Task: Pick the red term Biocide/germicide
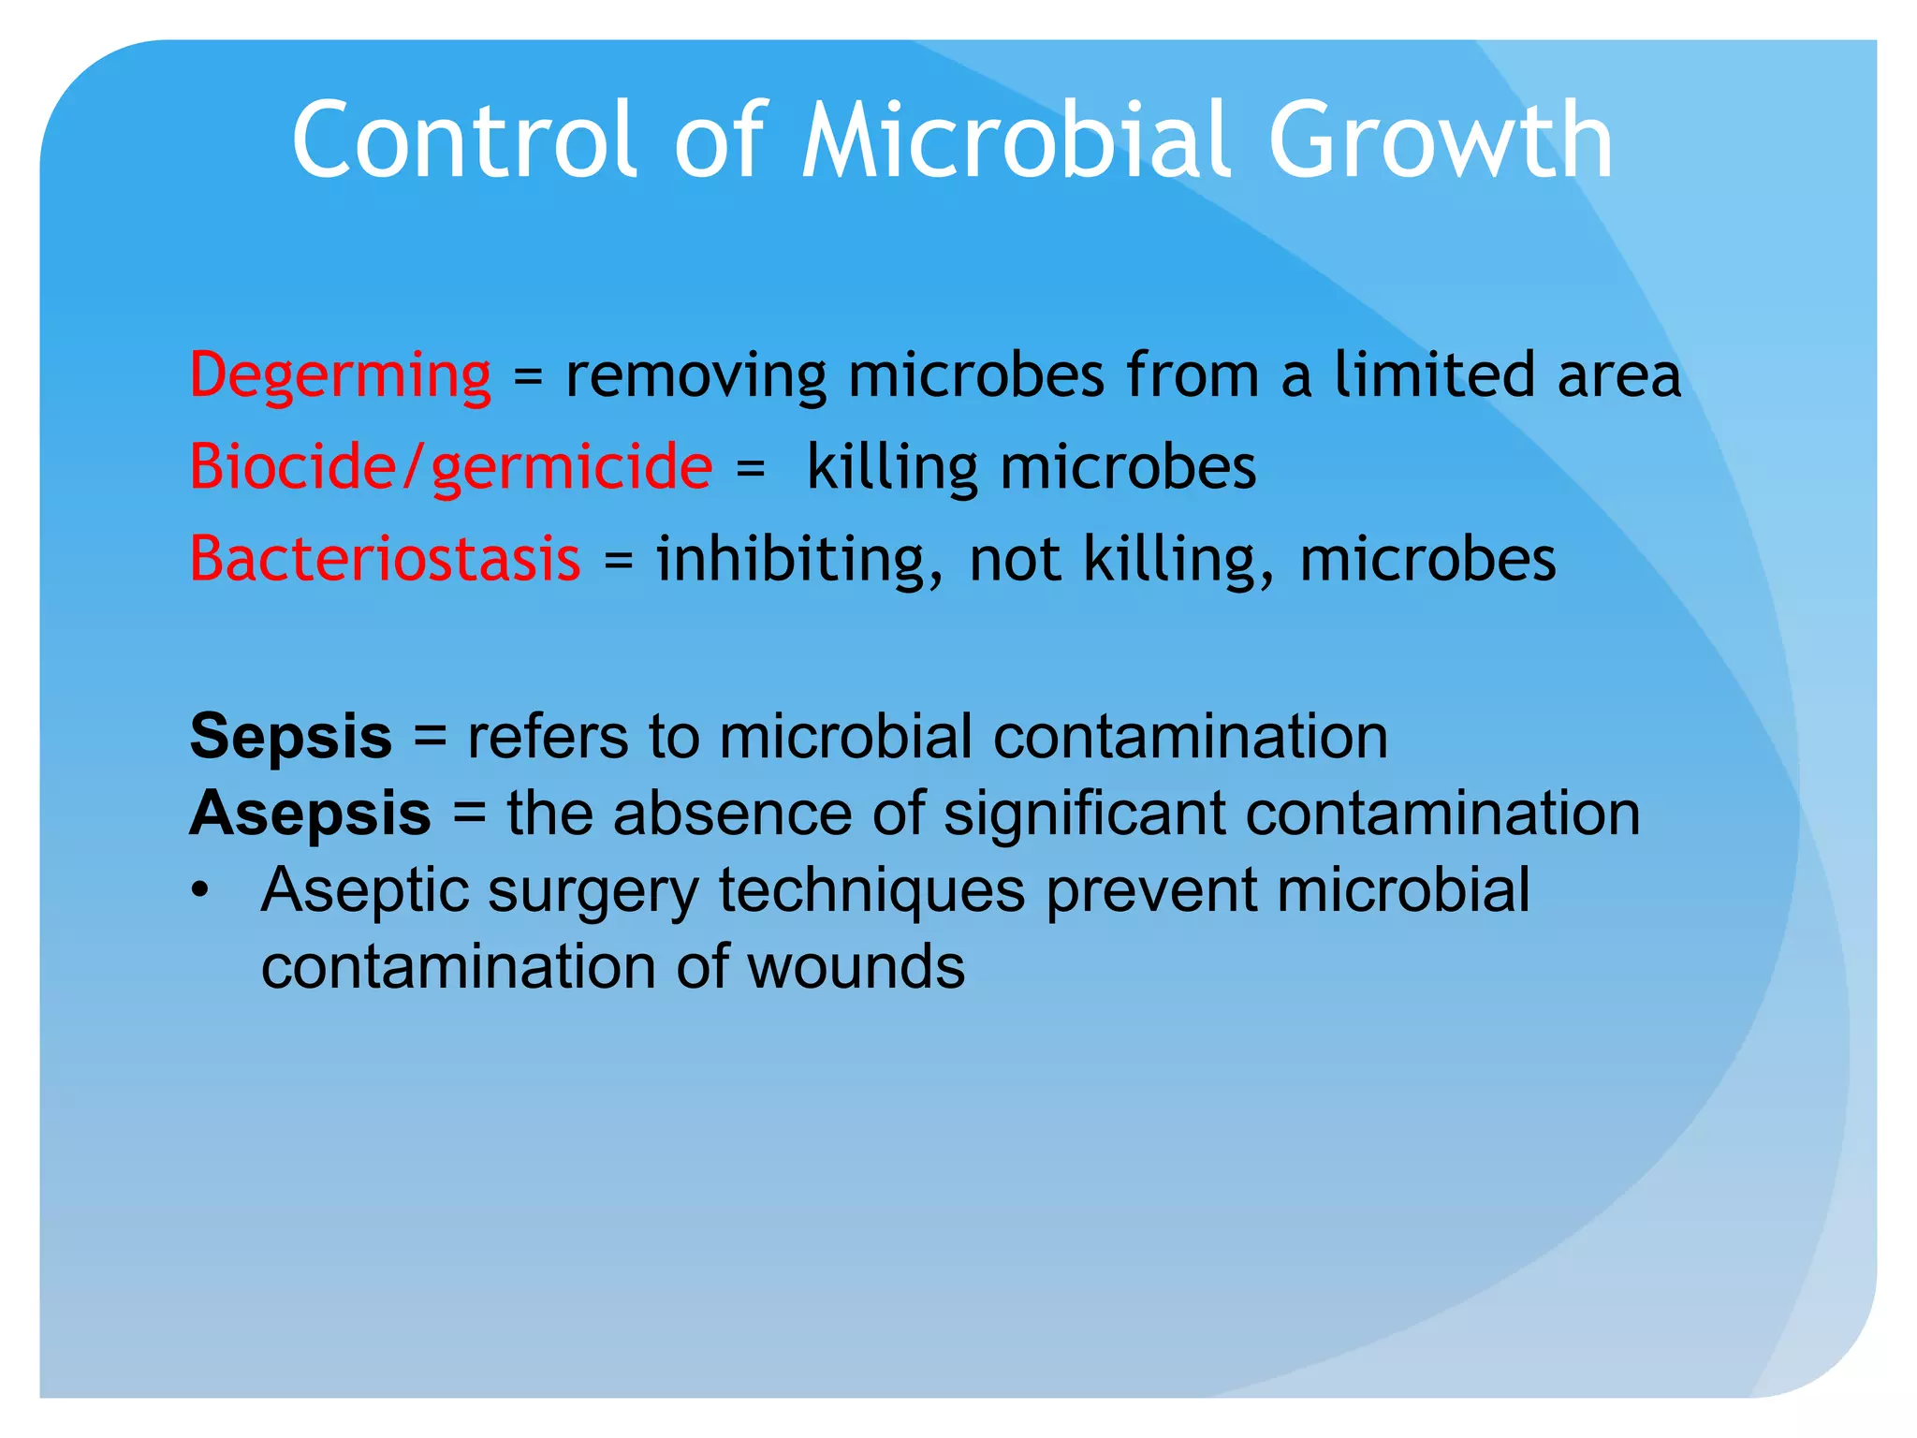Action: (x=450, y=467)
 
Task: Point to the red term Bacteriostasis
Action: (x=385, y=559)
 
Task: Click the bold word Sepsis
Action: (x=290, y=738)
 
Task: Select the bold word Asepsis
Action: (x=310, y=814)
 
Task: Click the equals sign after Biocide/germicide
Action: (x=750, y=469)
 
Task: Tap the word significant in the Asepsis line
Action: (x=1084, y=814)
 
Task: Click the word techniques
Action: (x=871, y=891)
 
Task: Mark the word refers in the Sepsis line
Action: (x=548, y=738)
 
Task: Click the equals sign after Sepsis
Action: (x=430, y=738)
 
